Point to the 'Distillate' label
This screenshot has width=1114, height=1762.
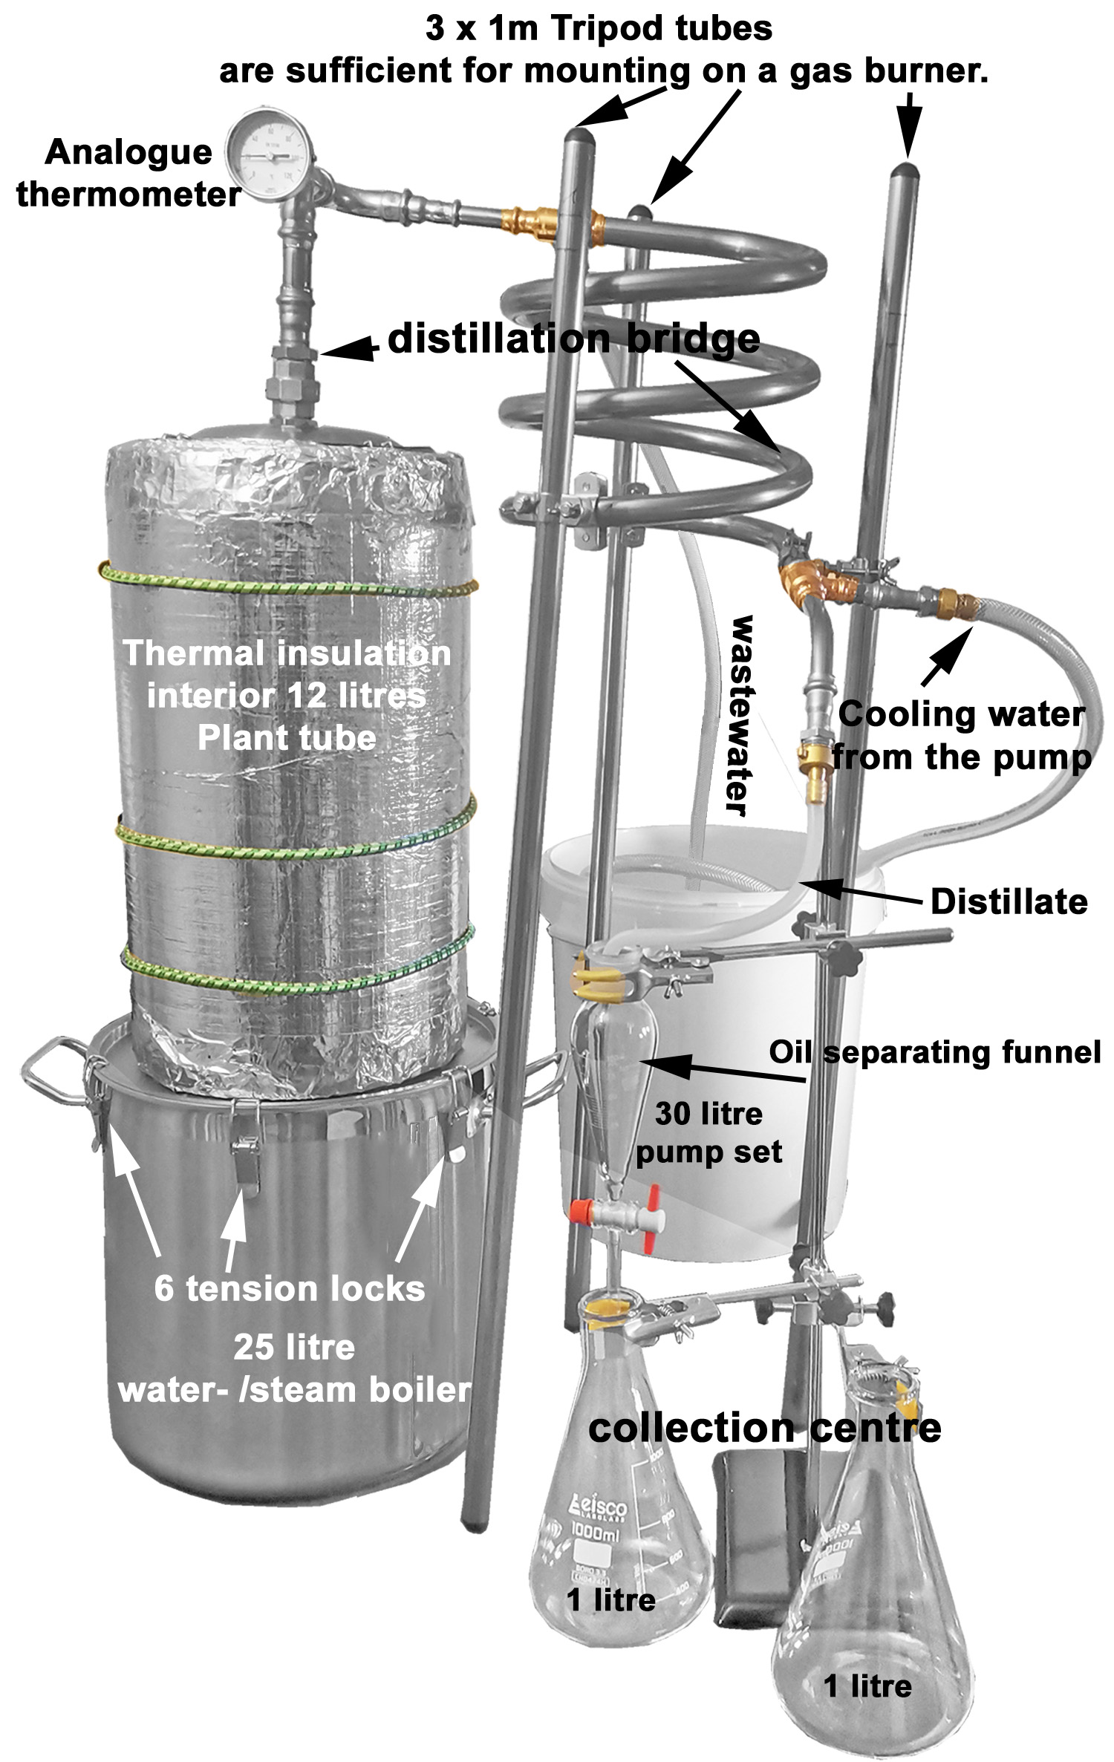coord(1009,901)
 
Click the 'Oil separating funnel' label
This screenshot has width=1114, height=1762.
coord(934,1052)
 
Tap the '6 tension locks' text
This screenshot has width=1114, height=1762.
coord(290,1288)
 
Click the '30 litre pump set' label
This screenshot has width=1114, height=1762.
coord(709,1132)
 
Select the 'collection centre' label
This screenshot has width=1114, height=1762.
coord(764,1428)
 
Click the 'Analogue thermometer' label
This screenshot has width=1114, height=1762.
coord(128,174)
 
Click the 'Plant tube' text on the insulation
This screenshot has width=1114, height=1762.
coord(287,738)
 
